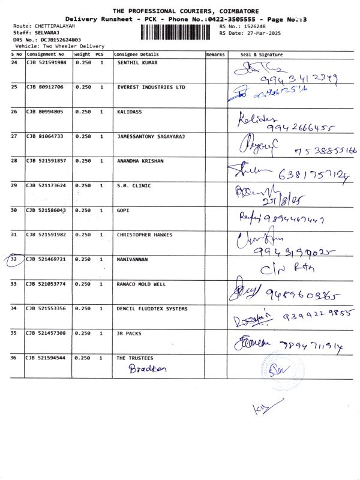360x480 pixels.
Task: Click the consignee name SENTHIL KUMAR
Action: click(x=137, y=62)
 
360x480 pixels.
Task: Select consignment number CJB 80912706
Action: click(x=45, y=87)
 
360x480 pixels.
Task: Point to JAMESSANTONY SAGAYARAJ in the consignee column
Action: click(x=151, y=136)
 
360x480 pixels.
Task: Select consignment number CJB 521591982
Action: click(x=46, y=235)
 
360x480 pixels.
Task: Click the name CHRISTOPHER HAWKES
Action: click(x=144, y=235)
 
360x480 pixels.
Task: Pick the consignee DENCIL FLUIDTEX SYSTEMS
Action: click(x=152, y=308)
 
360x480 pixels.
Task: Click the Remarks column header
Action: click(x=215, y=55)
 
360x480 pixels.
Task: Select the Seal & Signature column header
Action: click(x=262, y=55)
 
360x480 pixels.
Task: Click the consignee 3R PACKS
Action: click(x=129, y=333)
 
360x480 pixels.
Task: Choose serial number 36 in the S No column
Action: click(x=14, y=358)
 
